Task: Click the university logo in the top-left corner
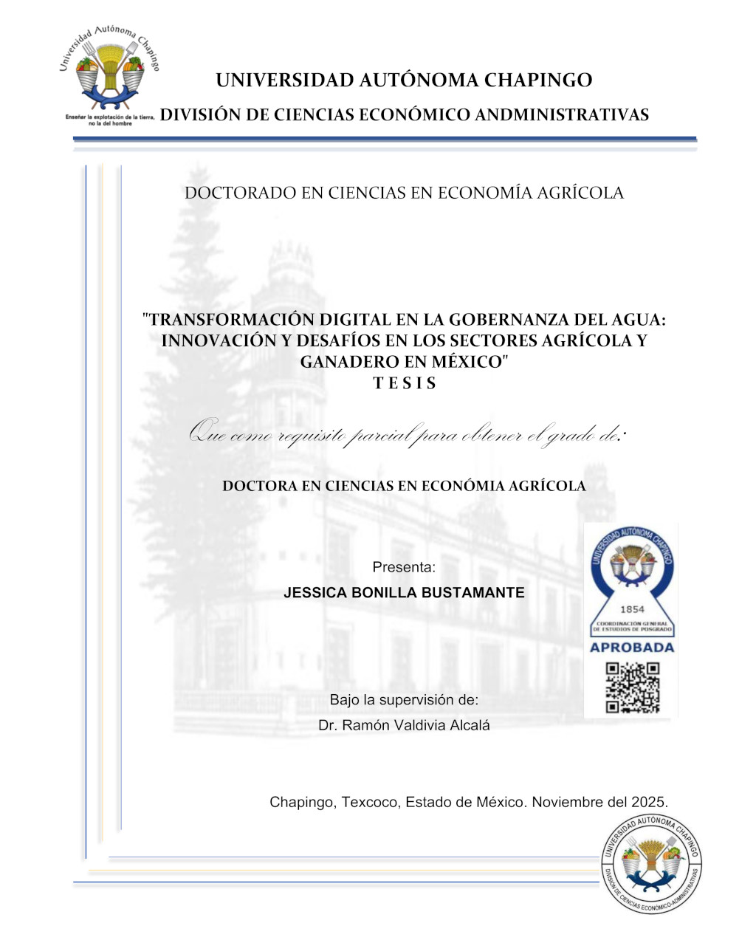(109, 74)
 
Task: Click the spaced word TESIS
(405, 383)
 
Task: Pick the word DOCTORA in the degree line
(259, 486)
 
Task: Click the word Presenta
(403, 567)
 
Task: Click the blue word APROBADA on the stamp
(631, 648)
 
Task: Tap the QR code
(632, 687)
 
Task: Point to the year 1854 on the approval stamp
(632, 609)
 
